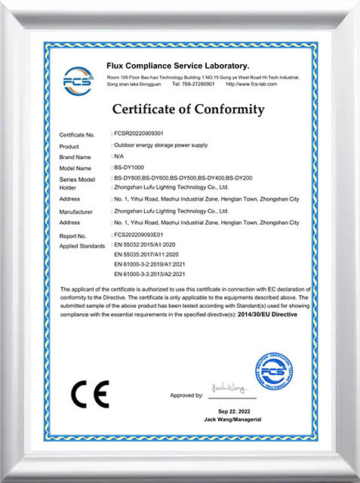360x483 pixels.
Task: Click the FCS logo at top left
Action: click(77, 77)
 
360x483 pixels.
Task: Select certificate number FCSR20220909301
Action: click(143, 134)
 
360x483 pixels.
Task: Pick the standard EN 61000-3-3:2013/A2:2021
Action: click(154, 274)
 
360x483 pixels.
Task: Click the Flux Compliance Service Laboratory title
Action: click(178, 66)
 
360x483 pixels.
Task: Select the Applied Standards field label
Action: click(82, 246)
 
